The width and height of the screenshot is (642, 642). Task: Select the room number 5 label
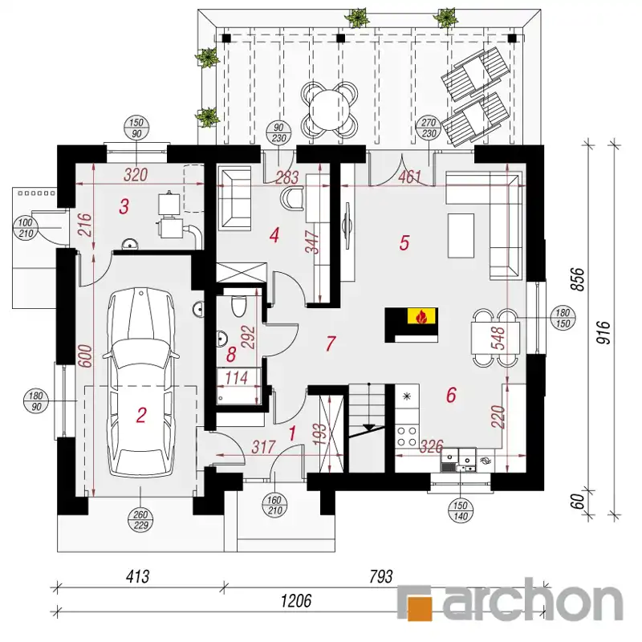pyautogui.click(x=404, y=243)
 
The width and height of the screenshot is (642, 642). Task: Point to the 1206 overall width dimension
pyautogui.click(x=295, y=600)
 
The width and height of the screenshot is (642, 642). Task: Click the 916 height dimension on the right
pyautogui.click(x=605, y=332)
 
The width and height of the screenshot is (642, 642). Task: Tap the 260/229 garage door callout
pyautogui.click(x=140, y=520)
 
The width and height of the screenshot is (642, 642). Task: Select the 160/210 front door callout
pyautogui.click(x=274, y=506)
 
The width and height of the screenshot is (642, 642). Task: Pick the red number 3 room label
pyautogui.click(x=124, y=206)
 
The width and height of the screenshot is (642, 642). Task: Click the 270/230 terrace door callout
pyautogui.click(x=429, y=128)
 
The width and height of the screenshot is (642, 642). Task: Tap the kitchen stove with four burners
pyautogui.click(x=408, y=436)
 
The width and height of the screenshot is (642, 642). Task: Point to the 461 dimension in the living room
pyautogui.click(x=409, y=177)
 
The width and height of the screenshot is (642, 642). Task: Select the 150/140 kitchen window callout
pyautogui.click(x=461, y=511)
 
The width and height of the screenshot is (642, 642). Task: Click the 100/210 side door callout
pyautogui.click(x=26, y=229)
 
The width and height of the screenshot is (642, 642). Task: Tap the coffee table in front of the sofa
pyautogui.click(x=461, y=235)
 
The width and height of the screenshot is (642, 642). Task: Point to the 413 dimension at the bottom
pyautogui.click(x=137, y=576)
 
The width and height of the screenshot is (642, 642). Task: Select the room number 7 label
pyautogui.click(x=331, y=343)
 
